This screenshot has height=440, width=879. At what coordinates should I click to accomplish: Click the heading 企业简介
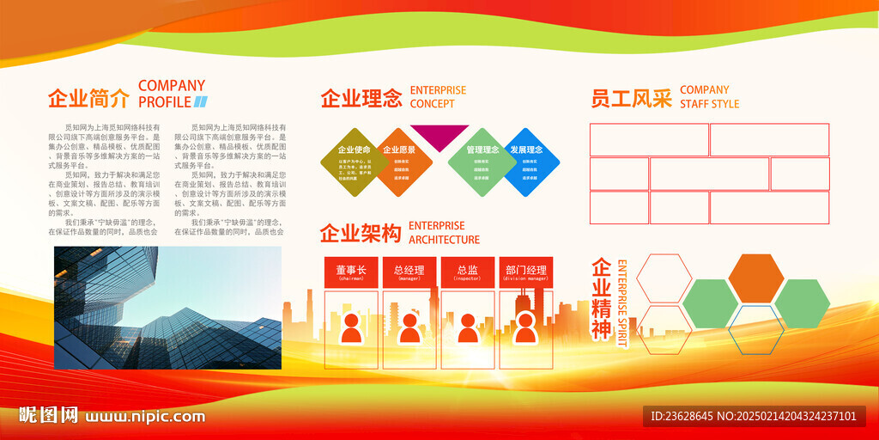[x=88, y=99]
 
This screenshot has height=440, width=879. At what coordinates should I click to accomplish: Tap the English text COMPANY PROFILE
[x=172, y=94]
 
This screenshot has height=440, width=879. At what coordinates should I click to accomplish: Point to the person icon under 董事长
[x=351, y=327]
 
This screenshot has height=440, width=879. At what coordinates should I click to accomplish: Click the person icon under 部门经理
[x=525, y=327]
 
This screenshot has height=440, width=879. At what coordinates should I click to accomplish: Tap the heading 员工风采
[x=631, y=98]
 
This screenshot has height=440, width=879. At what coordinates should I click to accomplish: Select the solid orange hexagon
[x=755, y=278]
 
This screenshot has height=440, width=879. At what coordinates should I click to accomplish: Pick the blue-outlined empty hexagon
[x=755, y=330]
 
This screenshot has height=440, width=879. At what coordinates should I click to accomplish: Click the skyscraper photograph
[x=167, y=307]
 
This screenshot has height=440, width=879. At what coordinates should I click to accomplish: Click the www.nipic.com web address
[x=145, y=417]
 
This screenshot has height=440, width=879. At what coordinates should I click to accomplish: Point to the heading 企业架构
[x=361, y=233]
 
